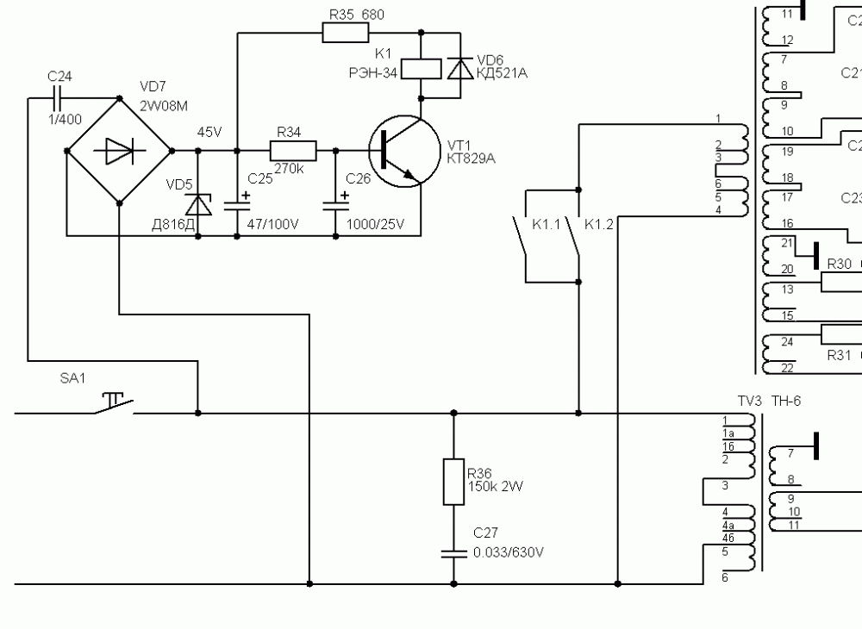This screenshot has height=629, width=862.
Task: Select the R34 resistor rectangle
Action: point(294,152)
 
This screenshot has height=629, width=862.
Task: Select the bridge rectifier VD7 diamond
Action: point(119,152)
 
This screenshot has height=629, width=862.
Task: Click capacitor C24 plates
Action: point(60,97)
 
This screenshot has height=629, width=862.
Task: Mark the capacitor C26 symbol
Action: point(334,206)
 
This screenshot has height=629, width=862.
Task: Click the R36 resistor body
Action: point(453,481)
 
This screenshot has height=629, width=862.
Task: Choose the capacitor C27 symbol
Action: point(453,552)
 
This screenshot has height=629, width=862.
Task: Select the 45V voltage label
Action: point(209,133)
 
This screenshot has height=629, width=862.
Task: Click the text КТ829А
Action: point(472,159)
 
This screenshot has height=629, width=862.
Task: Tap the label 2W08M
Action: point(164,105)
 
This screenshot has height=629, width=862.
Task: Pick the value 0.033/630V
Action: point(509,552)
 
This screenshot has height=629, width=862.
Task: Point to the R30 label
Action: point(839,264)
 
